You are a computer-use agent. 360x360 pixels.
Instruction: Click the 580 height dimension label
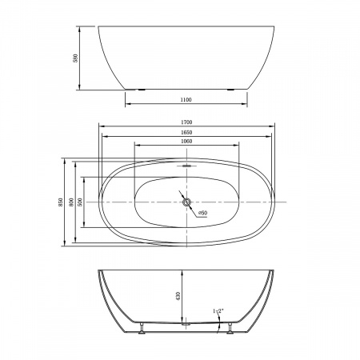(75, 58)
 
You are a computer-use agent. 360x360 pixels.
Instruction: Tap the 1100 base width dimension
(186, 100)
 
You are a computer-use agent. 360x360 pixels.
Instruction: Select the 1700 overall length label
(186, 122)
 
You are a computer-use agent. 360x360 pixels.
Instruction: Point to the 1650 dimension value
(186, 133)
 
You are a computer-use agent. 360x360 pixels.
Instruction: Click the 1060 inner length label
(186, 142)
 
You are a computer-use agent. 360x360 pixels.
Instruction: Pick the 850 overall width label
(61, 202)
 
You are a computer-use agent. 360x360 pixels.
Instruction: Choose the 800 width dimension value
(71, 202)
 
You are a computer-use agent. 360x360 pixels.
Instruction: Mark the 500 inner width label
(80, 202)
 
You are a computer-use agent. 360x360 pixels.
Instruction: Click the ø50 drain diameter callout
(203, 213)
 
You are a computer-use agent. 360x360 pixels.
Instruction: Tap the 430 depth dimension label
(178, 296)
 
